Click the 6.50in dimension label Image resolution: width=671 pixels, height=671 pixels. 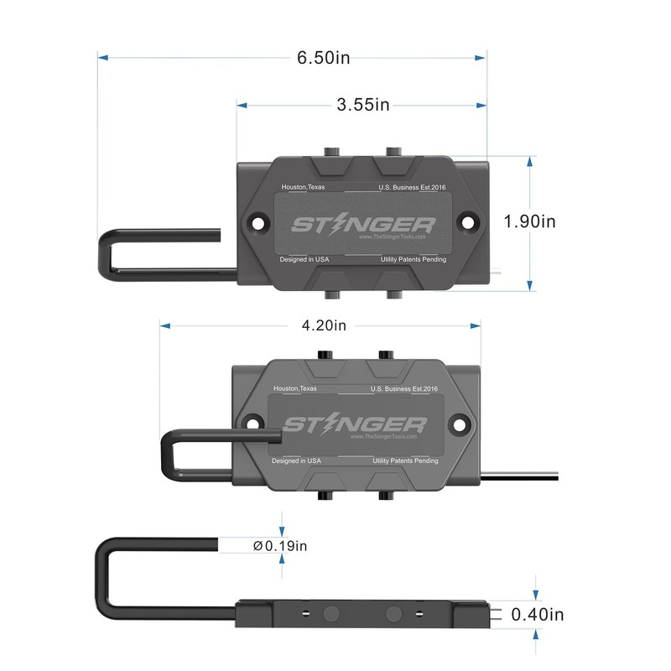[x=323, y=58]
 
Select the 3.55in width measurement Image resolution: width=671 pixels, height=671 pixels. [x=363, y=105]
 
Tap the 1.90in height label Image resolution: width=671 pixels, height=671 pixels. [x=529, y=221]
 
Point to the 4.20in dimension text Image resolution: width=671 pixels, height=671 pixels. [x=324, y=325]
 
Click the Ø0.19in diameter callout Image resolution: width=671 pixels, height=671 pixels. [x=280, y=546]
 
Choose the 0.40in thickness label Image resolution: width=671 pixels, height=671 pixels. [x=538, y=615]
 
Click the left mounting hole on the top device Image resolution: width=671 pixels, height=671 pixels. [x=257, y=223]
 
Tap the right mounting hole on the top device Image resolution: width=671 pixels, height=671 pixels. [x=468, y=222]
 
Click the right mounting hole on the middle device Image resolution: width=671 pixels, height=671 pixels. [x=459, y=425]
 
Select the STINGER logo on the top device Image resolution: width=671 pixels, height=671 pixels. [x=363, y=225]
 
